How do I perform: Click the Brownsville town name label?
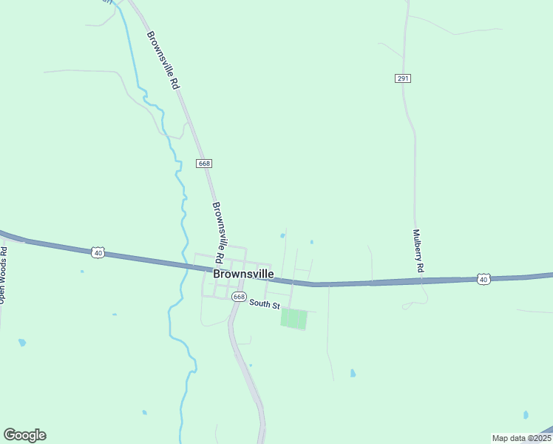coord(243,274)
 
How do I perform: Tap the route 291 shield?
coord(402,78)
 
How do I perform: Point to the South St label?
coord(265,303)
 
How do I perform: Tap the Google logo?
coord(24,435)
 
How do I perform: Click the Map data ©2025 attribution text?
coord(520,438)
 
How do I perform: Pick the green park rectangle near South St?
coord(294,319)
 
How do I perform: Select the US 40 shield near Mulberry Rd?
coord(484,279)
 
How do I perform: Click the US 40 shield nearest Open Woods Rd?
coord(98,253)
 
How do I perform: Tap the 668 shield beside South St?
coord(238,296)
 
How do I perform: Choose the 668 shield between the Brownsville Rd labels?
coord(205,163)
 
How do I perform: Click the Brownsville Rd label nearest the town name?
coord(218,233)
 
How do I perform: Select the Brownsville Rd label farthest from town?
coord(163,61)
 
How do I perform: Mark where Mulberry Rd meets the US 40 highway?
coord(418,280)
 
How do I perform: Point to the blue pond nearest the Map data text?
coord(526,415)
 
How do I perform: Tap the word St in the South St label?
coord(275,304)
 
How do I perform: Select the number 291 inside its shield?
coord(402,78)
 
